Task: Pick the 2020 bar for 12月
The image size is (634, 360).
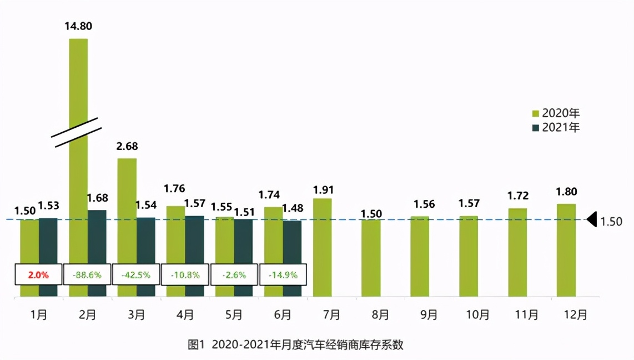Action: [566, 250]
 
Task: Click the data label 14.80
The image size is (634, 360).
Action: [78, 26]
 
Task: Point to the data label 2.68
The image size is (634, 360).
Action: [127, 146]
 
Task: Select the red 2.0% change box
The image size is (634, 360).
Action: [38, 274]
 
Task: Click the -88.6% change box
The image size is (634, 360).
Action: [87, 274]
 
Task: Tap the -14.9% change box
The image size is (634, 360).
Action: [283, 274]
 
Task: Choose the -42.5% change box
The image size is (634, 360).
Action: [136, 274]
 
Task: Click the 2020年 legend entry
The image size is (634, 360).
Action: [556, 113]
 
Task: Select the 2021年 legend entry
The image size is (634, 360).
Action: [556, 127]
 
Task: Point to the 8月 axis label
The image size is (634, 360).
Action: [380, 315]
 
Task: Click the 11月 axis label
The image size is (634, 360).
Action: [527, 315]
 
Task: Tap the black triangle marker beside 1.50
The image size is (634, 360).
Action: [592, 220]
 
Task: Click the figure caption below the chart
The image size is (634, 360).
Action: [296, 345]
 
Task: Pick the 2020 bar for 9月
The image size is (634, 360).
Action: [420, 256]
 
